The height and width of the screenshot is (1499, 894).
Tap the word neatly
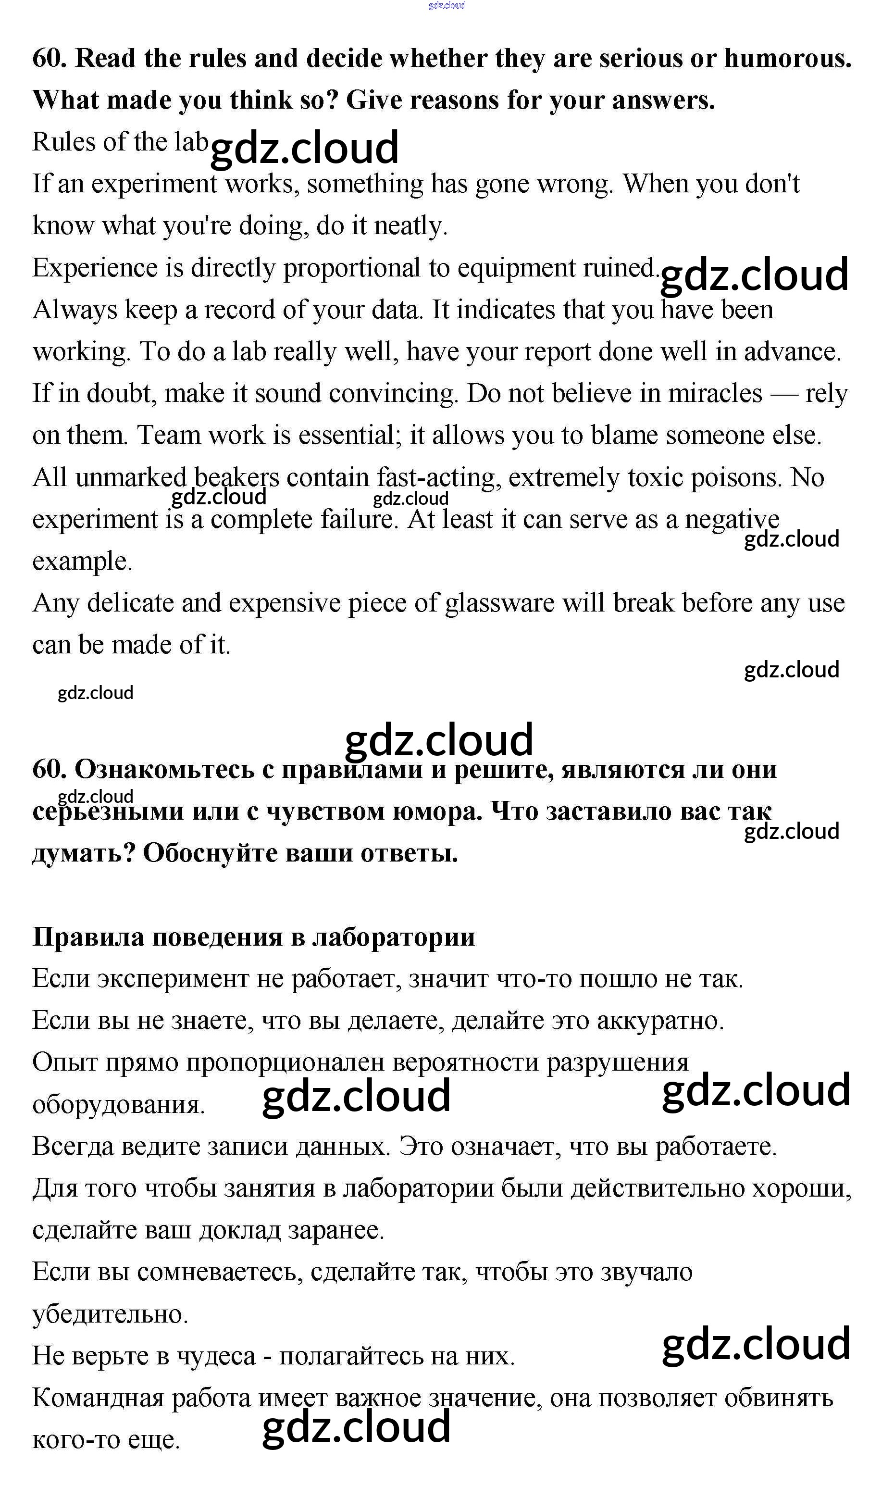410,226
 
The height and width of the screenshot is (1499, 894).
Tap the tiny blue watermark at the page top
447,5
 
